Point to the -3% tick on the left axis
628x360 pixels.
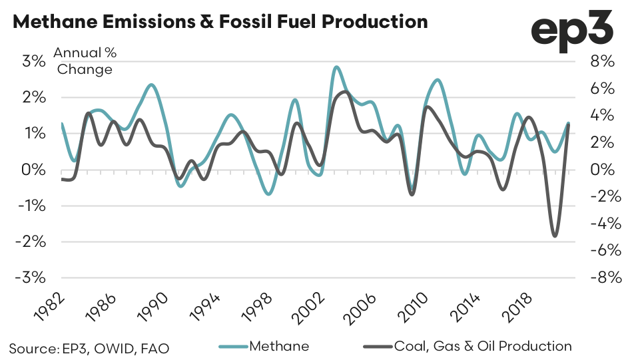pos(32,277)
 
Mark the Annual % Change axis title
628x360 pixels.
pos(85,61)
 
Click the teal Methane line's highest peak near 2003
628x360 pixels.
pos(336,67)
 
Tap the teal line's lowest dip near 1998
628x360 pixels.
pos(268,194)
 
